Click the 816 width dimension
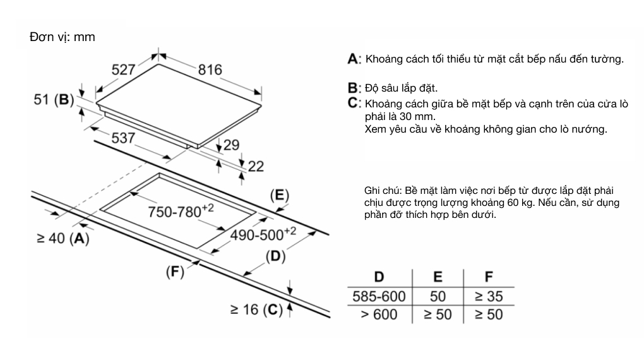(x=210, y=69)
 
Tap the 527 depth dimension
(x=124, y=69)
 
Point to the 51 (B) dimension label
(x=54, y=100)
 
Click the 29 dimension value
(x=232, y=145)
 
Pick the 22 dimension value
(x=256, y=166)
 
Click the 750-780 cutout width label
(x=181, y=212)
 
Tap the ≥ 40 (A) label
(x=63, y=238)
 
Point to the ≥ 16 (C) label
(x=255, y=309)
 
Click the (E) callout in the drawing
(x=278, y=195)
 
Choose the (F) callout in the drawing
(x=174, y=272)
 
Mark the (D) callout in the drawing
(x=275, y=256)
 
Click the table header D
(x=379, y=277)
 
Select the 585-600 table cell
(x=379, y=295)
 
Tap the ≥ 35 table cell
(x=488, y=295)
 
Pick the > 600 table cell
(x=379, y=313)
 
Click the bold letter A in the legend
(x=352, y=59)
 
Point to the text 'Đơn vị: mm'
(x=62, y=37)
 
